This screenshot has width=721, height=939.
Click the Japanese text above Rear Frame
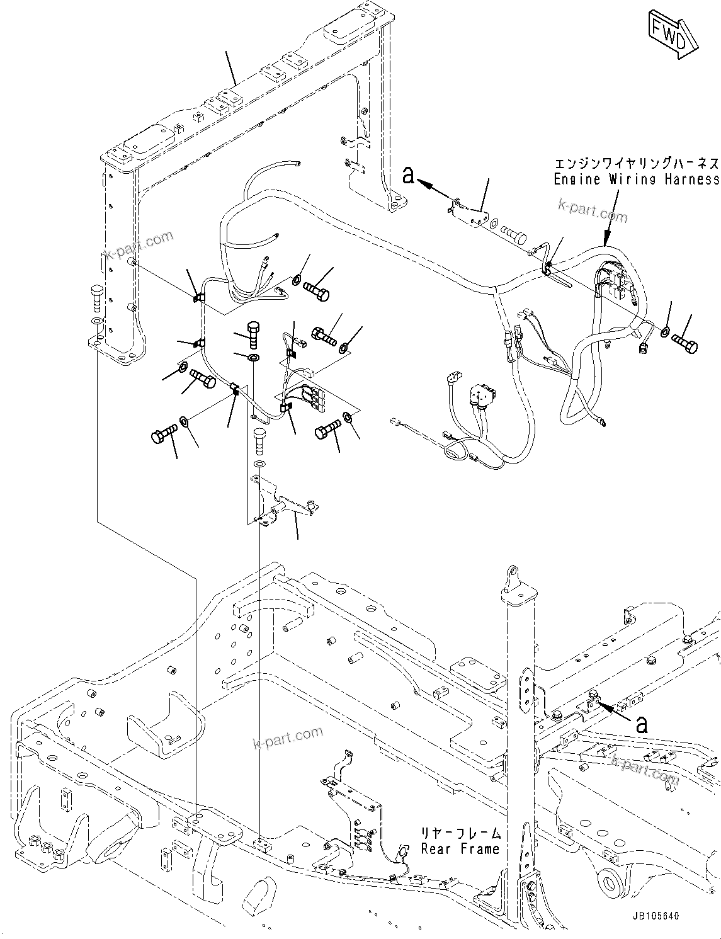(x=461, y=833)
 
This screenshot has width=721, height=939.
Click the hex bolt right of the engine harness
(x=684, y=343)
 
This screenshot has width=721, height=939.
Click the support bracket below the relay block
(x=283, y=501)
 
